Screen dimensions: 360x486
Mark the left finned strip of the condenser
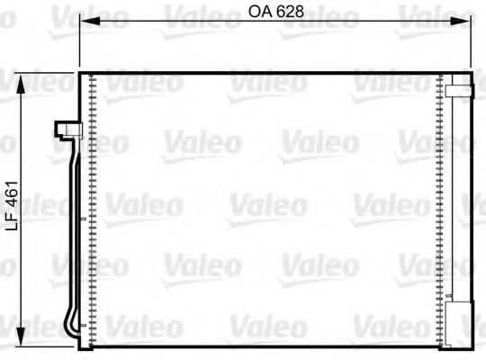pyautogui.click(x=92, y=207)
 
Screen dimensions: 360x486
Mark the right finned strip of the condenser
pyautogui.click(x=439, y=207)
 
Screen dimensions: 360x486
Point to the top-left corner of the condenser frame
pyautogui.click(x=80, y=72)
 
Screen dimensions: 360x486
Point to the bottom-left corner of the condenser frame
pyautogui.click(x=80, y=346)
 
